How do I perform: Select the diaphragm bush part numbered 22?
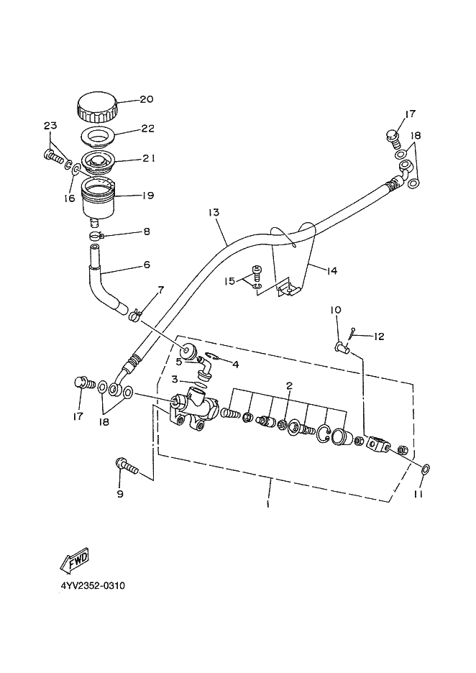(99, 137)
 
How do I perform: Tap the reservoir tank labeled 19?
(99, 198)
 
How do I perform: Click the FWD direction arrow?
(74, 560)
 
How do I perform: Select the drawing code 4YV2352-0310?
(93, 585)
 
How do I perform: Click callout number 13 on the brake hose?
(214, 212)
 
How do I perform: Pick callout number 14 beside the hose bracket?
(331, 271)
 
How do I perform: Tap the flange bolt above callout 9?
(127, 466)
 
